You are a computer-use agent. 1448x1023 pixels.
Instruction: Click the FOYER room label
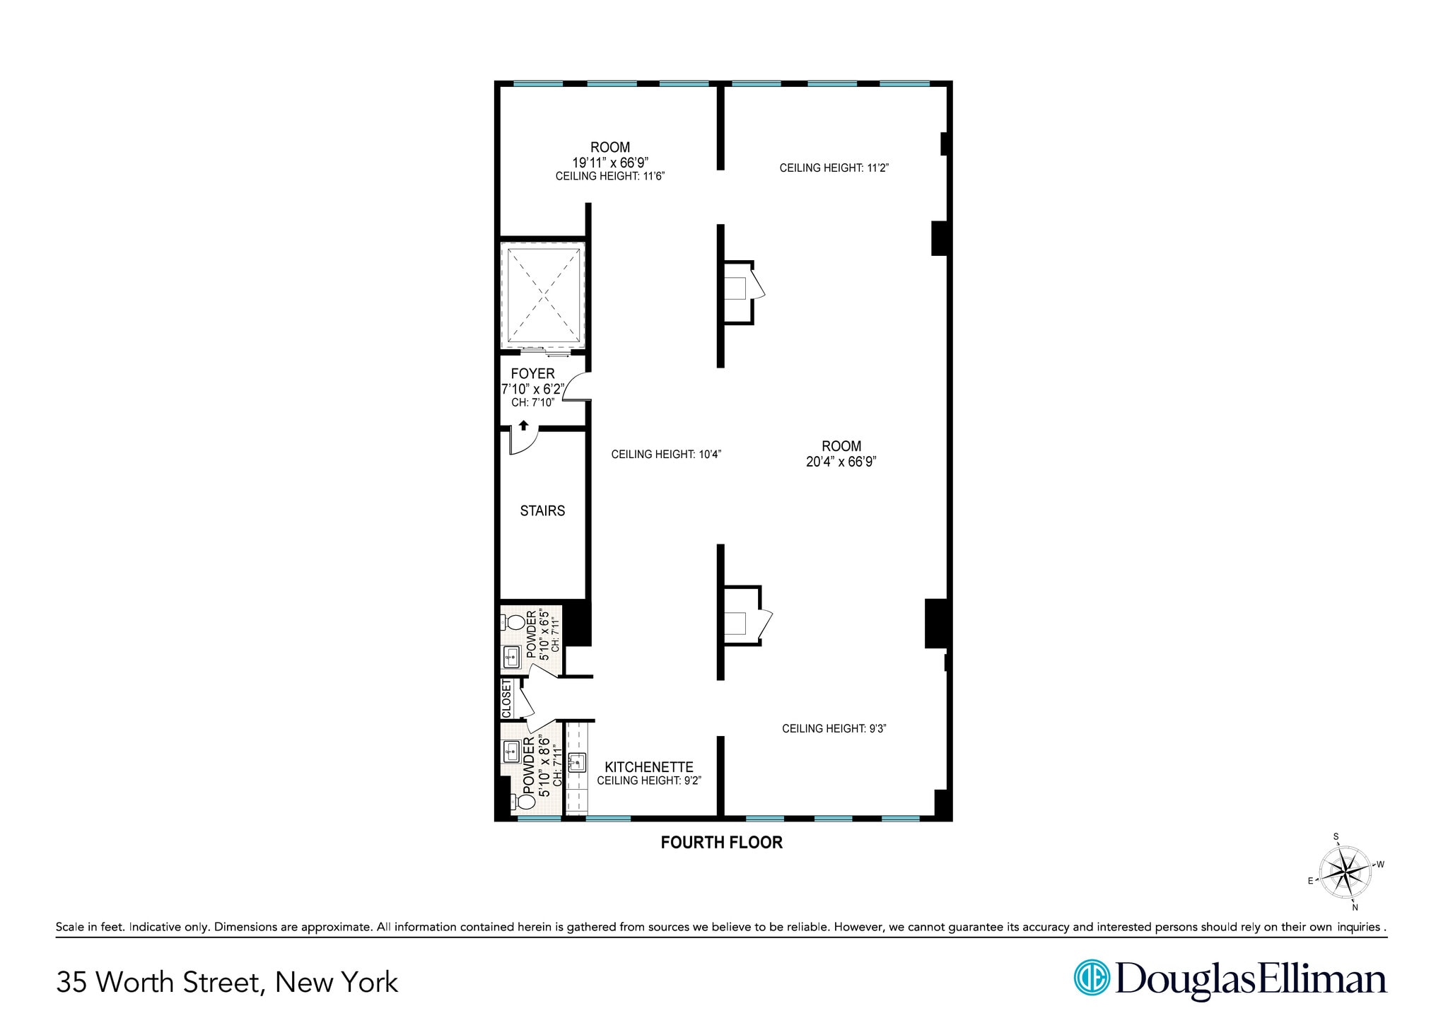pos(532,373)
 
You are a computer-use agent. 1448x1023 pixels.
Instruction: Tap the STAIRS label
pos(542,510)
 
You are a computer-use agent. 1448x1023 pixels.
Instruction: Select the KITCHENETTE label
pos(648,766)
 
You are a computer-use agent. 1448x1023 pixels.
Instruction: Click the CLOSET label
pos(506,698)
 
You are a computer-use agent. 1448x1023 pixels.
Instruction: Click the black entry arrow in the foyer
pos(523,425)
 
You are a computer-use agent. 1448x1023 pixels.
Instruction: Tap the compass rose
pos(1345,872)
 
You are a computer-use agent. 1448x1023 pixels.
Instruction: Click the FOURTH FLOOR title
pos(721,842)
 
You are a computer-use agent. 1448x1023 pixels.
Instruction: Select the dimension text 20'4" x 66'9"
pos(841,462)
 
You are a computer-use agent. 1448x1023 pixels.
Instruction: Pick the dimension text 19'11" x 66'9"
pos(609,162)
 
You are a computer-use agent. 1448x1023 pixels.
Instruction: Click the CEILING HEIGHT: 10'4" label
pos(665,455)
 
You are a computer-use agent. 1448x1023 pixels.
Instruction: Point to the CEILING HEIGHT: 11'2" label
pos(834,168)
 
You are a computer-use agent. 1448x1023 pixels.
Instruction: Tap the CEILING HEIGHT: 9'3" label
pos(834,728)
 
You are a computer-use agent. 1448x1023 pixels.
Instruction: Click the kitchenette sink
pos(578,762)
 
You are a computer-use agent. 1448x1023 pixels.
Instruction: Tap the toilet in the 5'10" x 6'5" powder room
pos(515,623)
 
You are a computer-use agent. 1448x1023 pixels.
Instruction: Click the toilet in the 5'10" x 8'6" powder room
pos(525,802)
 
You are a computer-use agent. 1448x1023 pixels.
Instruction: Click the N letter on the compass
pos(1355,907)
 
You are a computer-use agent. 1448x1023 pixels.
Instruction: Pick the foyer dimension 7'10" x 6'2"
pos(532,389)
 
